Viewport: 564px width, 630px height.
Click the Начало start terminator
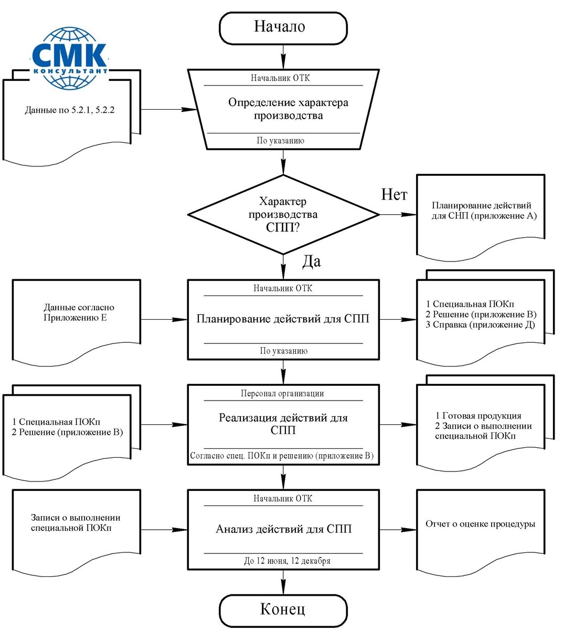[x=283, y=28]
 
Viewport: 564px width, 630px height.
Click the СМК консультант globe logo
[x=70, y=58]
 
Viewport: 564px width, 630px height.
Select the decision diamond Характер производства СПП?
[x=283, y=215]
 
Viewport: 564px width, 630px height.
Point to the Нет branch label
[x=394, y=195]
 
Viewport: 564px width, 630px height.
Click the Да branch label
[x=312, y=261]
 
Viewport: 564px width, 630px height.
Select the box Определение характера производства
[x=283, y=109]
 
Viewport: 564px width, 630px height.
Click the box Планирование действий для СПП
[x=283, y=320]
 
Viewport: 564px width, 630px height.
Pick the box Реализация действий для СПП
[x=283, y=425]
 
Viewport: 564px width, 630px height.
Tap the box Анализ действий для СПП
[x=283, y=530]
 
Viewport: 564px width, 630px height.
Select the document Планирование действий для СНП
[x=481, y=218]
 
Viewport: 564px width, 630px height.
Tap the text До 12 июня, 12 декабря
[x=287, y=561]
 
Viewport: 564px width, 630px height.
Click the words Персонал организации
[x=282, y=394]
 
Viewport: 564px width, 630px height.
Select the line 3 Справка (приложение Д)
[x=481, y=324]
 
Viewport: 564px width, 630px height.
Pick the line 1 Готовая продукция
[x=478, y=416]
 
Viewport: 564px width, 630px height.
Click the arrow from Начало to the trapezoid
[x=283, y=57]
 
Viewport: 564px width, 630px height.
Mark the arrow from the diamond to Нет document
[x=398, y=215]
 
